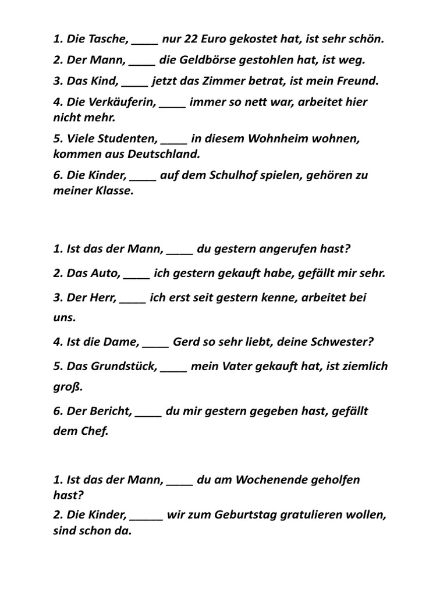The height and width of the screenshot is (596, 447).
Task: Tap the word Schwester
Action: point(338,342)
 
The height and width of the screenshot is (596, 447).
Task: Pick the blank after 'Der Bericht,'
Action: point(148,411)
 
